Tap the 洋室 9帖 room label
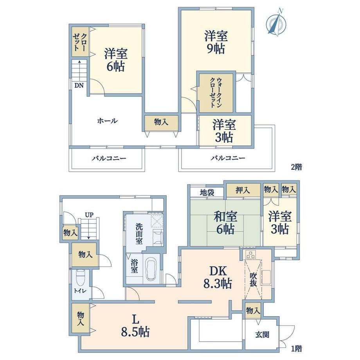click(216, 43)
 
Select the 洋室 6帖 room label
click(116, 60)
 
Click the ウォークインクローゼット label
click(216, 92)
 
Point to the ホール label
click(108, 121)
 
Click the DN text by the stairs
click(79, 86)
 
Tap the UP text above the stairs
click(89, 215)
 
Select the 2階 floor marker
click(296, 167)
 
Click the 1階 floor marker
click(296, 349)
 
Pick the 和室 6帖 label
click(225, 223)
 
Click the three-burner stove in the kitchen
click(250, 254)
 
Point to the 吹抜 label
click(253, 280)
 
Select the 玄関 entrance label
click(262, 335)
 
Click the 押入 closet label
click(243, 190)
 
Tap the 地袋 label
click(207, 193)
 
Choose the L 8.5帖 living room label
click(135, 326)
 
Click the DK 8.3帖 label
click(218, 277)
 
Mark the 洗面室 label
click(139, 234)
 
